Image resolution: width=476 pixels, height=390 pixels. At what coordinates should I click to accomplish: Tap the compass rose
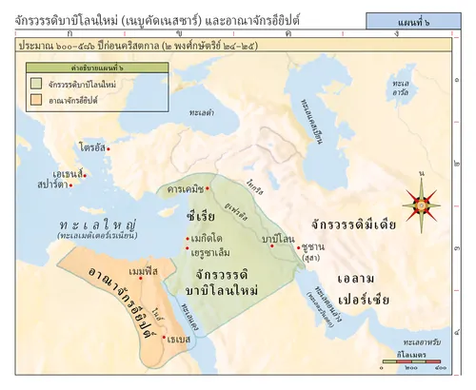[x=418, y=203]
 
